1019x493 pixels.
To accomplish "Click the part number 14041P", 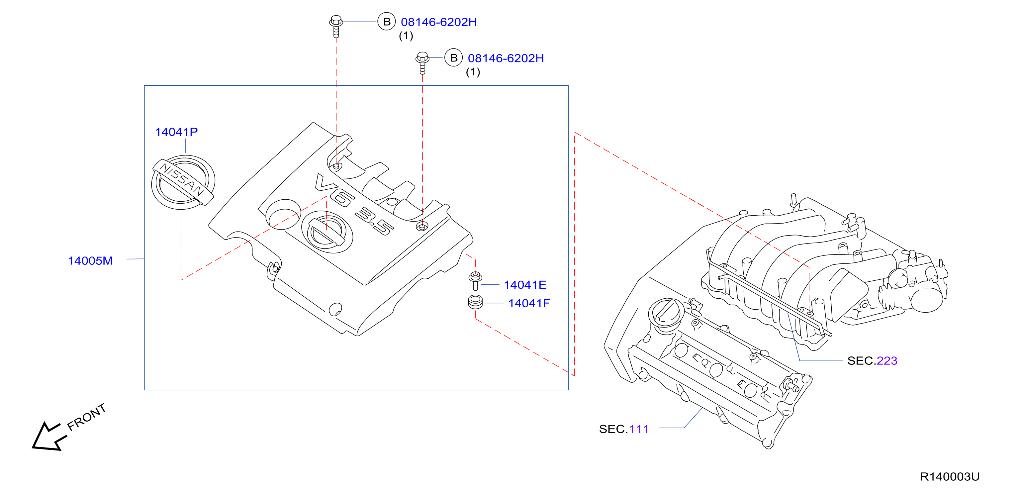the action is pyautogui.click(x=176, y=132).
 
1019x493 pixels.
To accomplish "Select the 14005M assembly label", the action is pyautogui.click(x=90, y=261).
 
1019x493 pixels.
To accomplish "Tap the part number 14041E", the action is pyautogui.click(x=525, y=285).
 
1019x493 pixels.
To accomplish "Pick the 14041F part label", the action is pyautogui.click(x=529, y=304).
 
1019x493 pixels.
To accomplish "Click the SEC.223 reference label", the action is pyautogui.click(x=872, y=361).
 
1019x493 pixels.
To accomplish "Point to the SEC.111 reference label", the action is pyautogui.click(x=624, y=429).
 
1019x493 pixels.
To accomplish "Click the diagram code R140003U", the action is pyautogui.click(x=949, y=476).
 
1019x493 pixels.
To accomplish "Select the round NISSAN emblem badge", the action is pyautogui.click(x=183, y=182).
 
